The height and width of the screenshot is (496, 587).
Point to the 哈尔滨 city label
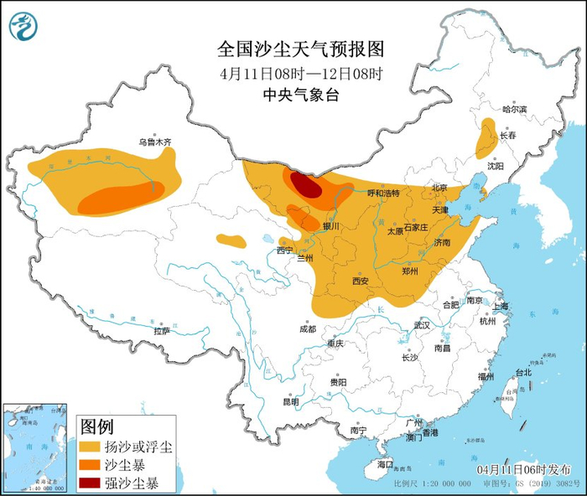514,110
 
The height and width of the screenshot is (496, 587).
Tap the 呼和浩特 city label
386,193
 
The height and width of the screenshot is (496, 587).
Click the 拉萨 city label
162,331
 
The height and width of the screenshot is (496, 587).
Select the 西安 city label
361,282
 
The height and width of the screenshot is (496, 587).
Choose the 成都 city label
307,329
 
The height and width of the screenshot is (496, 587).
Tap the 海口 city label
385,463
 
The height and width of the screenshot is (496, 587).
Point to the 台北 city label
522,372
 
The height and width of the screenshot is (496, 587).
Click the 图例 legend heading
97,426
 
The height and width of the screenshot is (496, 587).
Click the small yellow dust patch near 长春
485,138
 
